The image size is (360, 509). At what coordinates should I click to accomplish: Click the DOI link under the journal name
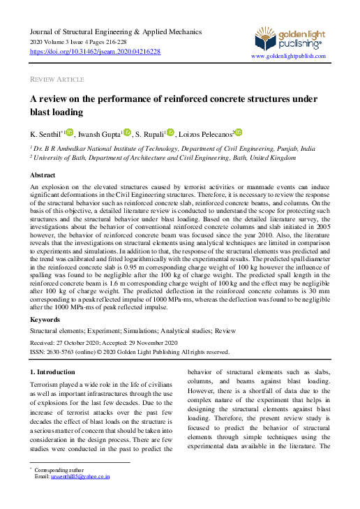[96, 52]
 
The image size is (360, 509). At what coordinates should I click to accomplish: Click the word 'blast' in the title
[43, 112]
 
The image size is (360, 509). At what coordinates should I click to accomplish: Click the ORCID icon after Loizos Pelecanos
[238, 131]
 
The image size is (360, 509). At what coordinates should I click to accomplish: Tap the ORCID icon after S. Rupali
[170, 131]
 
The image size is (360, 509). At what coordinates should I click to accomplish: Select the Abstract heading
[43, 175]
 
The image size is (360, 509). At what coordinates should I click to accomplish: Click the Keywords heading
[46, 318]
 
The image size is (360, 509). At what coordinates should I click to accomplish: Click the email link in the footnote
[84, 477]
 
